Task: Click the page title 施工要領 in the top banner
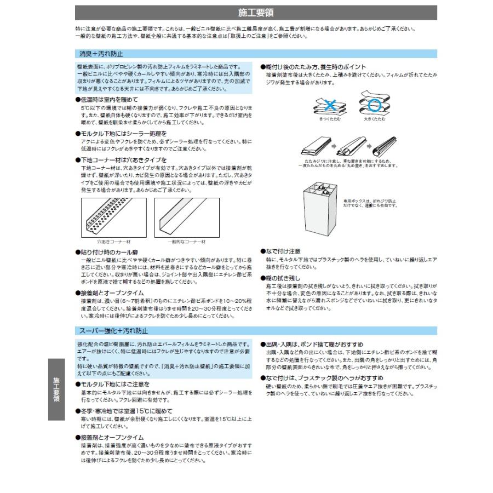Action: (x=256, y=13)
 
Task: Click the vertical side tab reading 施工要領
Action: (x=56, y=389)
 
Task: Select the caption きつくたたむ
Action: (x=329, y=118)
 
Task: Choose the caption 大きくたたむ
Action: (x=374, y=118)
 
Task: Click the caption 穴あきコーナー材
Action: (x=113, y=242)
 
